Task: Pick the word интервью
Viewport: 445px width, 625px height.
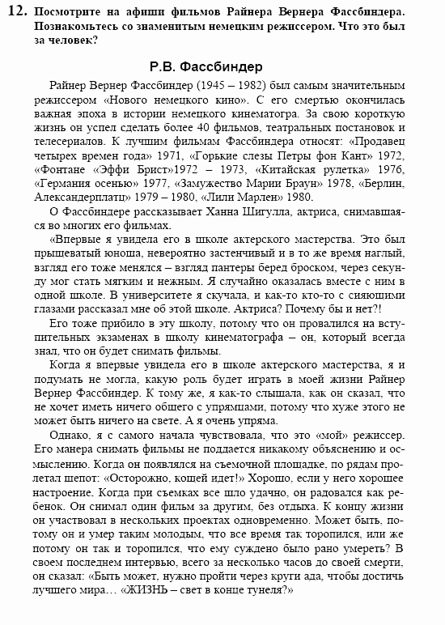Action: [x=165, y=561]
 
